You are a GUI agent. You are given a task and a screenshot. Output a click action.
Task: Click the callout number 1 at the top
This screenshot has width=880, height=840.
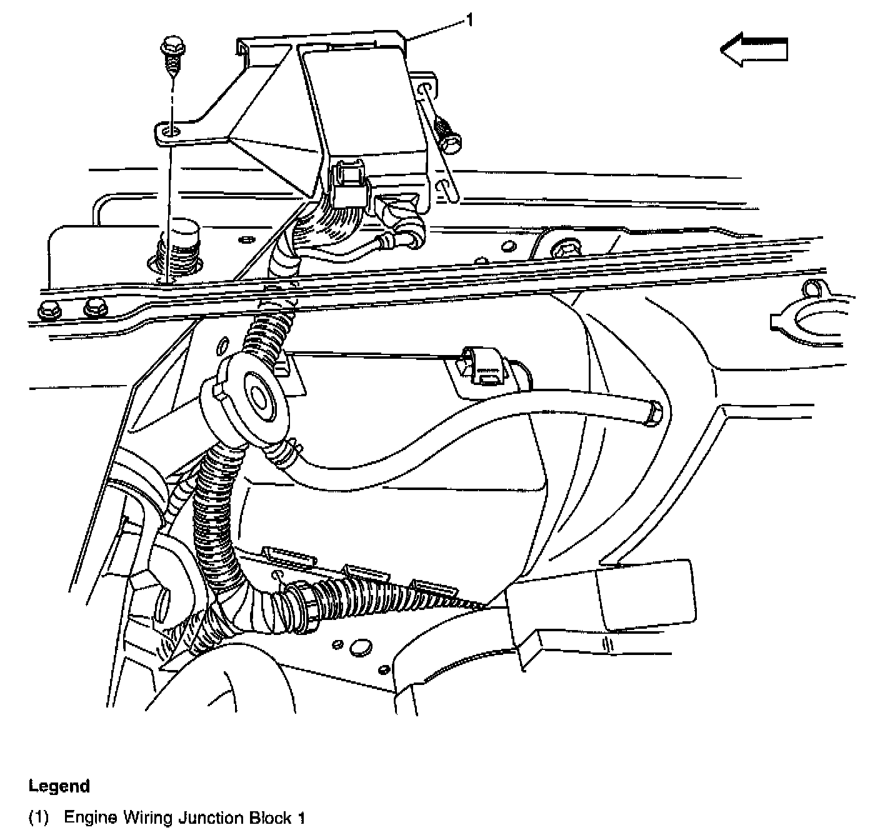[x=469, y=21]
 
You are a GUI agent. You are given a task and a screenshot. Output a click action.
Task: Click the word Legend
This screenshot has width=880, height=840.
[x=59, y=786]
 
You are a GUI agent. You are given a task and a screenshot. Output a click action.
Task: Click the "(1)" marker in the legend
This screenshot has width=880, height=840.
[x=40, y=817]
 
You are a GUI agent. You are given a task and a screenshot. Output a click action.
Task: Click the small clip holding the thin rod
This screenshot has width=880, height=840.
[x=485, y=368]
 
